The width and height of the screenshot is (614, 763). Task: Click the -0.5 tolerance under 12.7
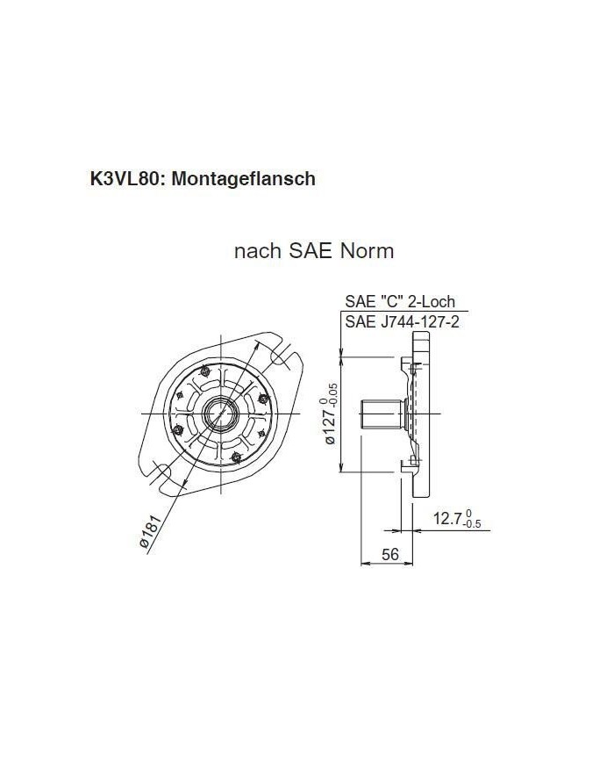[x=473, y=525]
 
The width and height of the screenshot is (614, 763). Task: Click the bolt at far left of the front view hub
[x=178, y=428]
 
